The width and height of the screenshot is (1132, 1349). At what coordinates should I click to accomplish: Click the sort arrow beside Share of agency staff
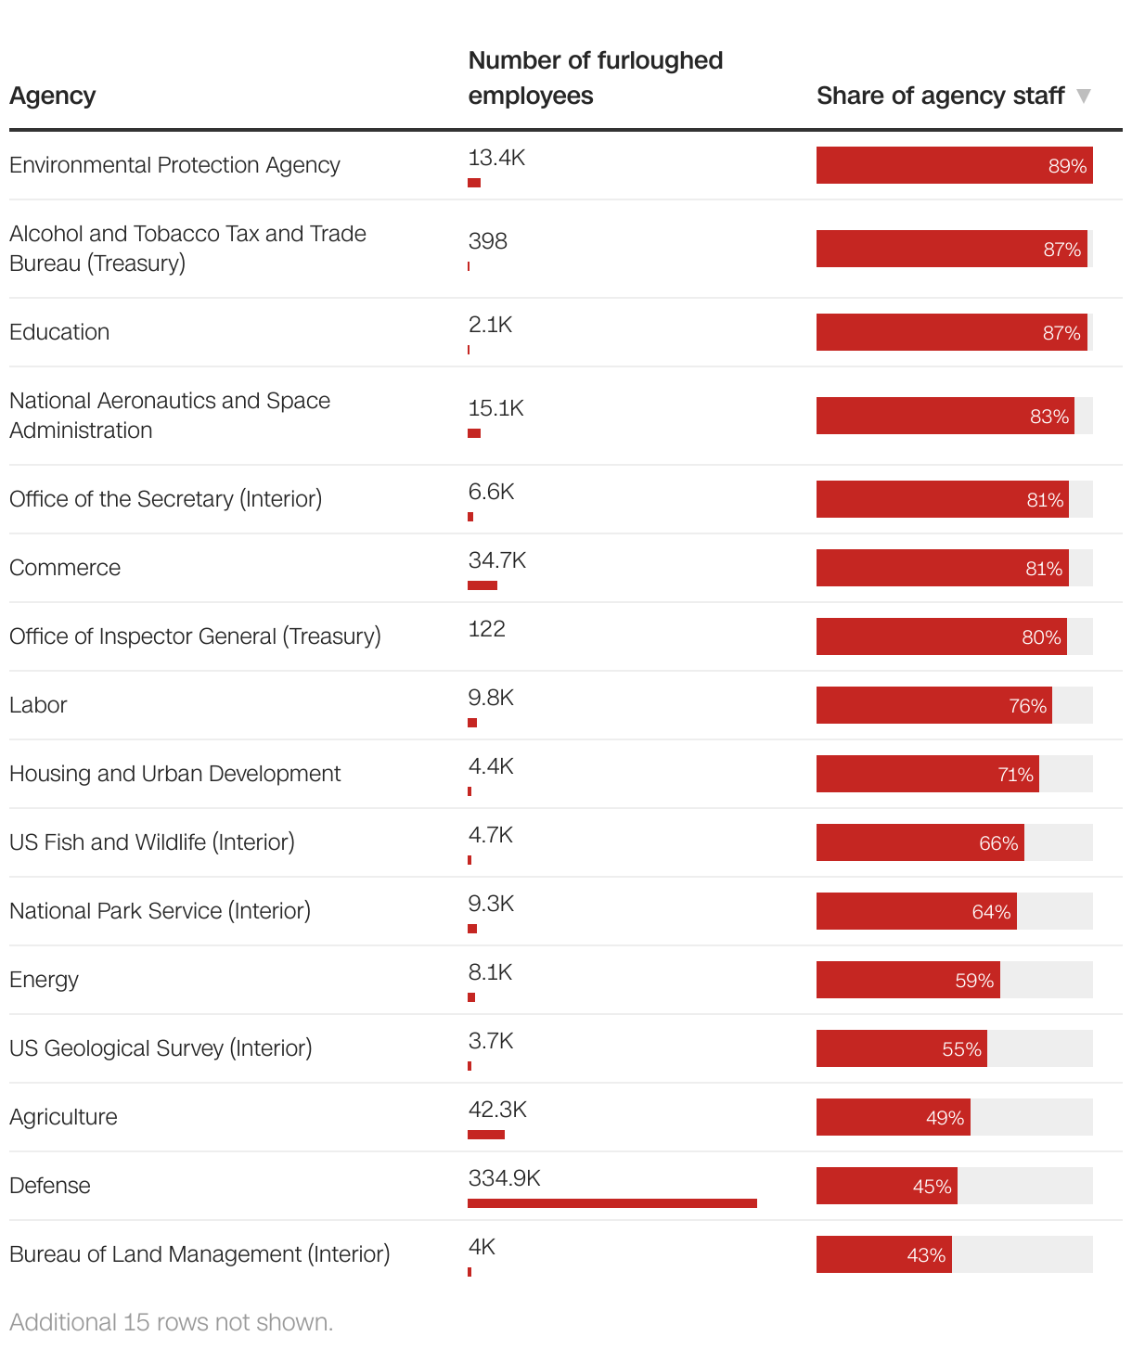coord(1083,96)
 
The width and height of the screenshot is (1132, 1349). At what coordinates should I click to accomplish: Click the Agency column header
coord(53,96)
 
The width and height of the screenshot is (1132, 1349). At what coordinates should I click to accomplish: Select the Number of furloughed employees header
coord(595,78)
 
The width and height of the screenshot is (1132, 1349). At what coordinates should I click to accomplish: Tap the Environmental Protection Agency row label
coord(174,165)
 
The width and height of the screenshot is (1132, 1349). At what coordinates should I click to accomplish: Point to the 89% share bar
coord(954,165)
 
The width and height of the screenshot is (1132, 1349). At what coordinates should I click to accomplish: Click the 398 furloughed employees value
coord(487,241)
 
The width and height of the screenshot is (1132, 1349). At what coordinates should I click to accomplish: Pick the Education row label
coord(59,332)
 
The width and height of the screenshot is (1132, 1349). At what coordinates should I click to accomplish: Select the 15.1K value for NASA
coord(495,408)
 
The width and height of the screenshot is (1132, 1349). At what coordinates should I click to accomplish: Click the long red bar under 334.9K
coord(611,1203)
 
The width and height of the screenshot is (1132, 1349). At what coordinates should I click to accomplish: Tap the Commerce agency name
coord(65,568)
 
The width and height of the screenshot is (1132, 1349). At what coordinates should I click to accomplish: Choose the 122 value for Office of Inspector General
coord(486,629)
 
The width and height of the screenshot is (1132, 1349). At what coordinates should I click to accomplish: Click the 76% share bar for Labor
coord(933,705)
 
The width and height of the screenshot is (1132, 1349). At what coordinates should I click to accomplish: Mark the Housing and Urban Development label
coord(174,774)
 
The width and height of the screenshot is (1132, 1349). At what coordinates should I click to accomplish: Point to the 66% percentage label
coord(998,843)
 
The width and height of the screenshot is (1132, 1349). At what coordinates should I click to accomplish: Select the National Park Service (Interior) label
coord(160,911)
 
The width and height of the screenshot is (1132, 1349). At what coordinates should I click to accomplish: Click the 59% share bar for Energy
coord(907,980)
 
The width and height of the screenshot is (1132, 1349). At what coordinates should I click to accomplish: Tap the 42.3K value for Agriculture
coord(497,1110)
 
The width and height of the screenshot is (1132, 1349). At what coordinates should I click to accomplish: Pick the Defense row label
coord(50,1186)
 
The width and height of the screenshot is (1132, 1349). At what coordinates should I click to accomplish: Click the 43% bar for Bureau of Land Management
coord(883,1254)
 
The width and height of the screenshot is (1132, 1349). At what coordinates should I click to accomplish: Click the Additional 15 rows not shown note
coord(171,1322)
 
